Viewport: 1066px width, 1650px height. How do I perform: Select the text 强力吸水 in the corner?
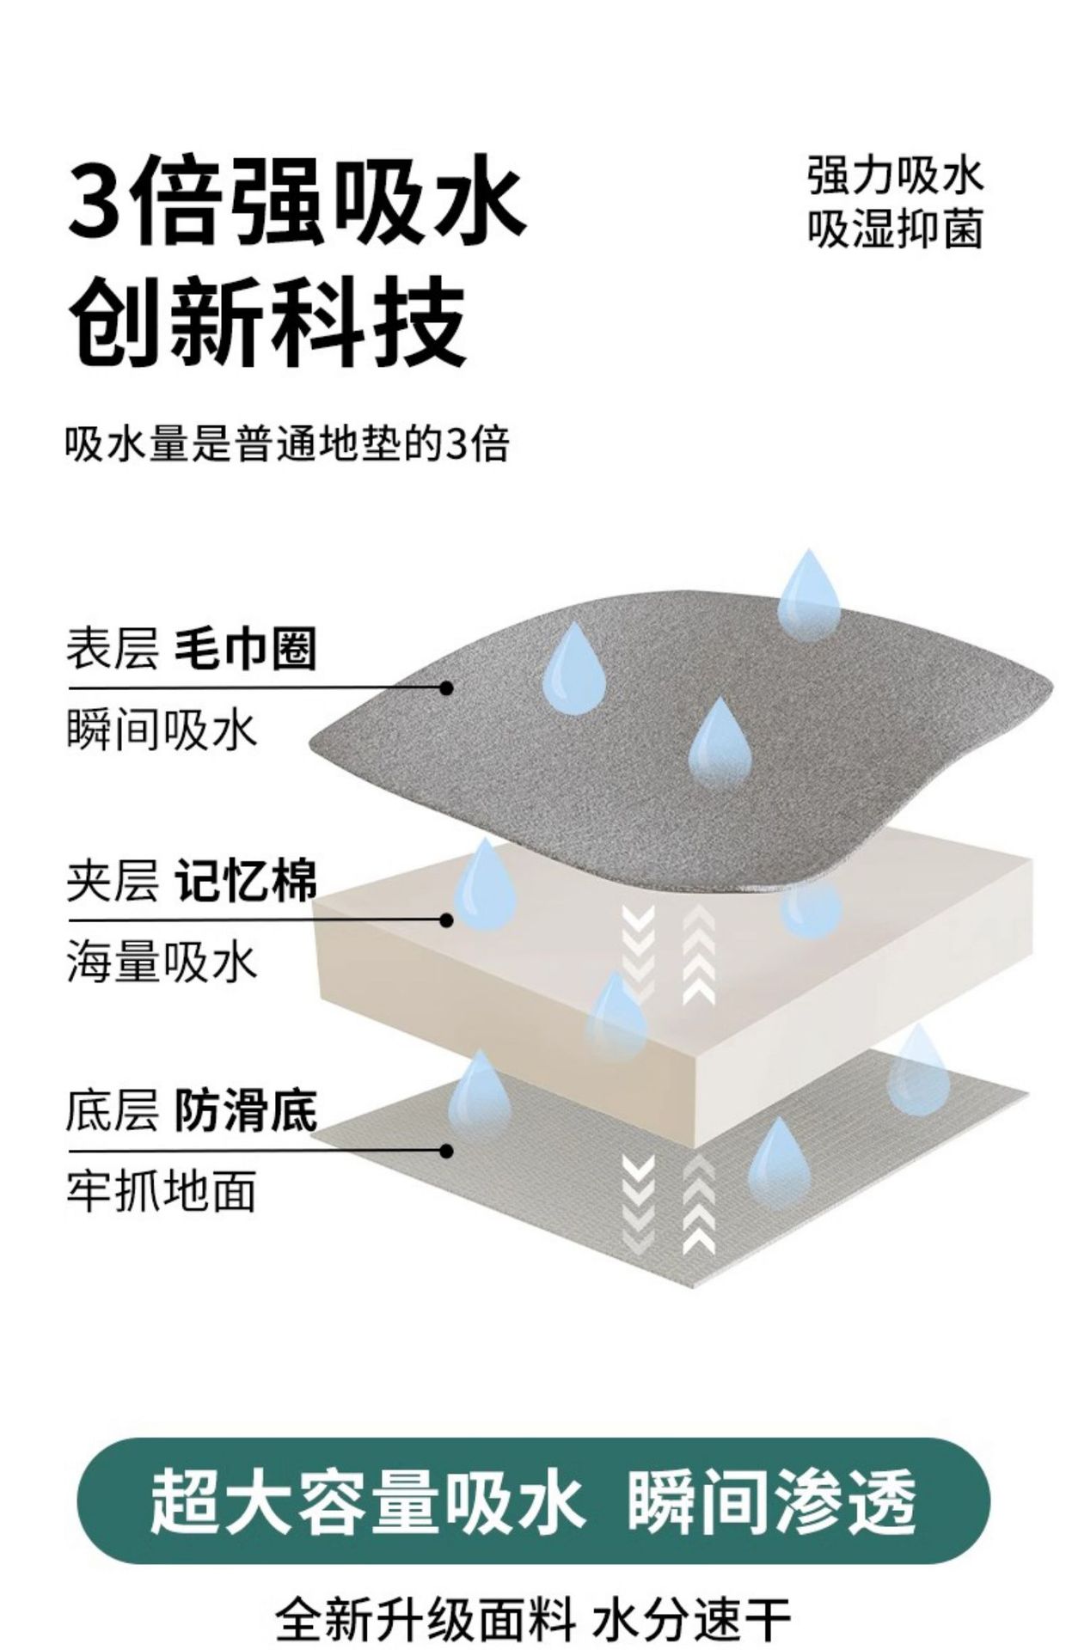pyautogui.click(x=894, y=174)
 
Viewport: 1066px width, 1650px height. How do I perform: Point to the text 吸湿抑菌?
pyautogui.click(x=894, y=229)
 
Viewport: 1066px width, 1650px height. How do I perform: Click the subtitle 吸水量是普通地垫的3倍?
pyautogui.click(x=287, y=444)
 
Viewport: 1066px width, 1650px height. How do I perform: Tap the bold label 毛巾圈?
pyautogui.click(x=246, y=649)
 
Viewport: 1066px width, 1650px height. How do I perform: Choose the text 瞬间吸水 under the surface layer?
pyautogui.click(x=162, y=731)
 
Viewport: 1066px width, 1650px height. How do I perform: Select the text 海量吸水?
pyautogui.click(x=162, y=962)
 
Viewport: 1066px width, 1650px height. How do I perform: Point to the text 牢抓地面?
pyautogui.click(x=162, y=1192)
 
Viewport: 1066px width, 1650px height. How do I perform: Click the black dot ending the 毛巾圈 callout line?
pyautogui.click(x=445, y=687)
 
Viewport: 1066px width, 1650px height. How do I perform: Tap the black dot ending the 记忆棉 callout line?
pyautogui.click(x=445, y=920)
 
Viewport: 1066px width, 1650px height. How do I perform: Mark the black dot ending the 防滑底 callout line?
pyautogui.click(x=445, y=1151)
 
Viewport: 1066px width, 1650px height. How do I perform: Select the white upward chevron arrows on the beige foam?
pyautogui.click(x=698, y=955)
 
